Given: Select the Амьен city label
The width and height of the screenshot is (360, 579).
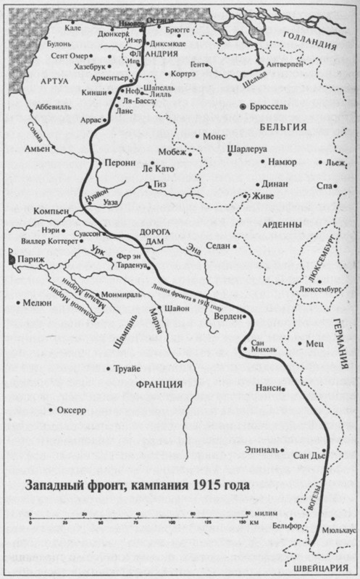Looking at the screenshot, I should tap(36, 148).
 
